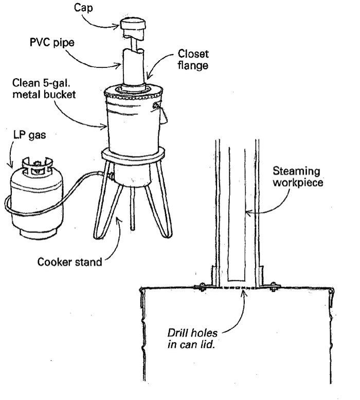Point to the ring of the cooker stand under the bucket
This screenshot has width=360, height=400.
pyautogui.click(x=133, y=154)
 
